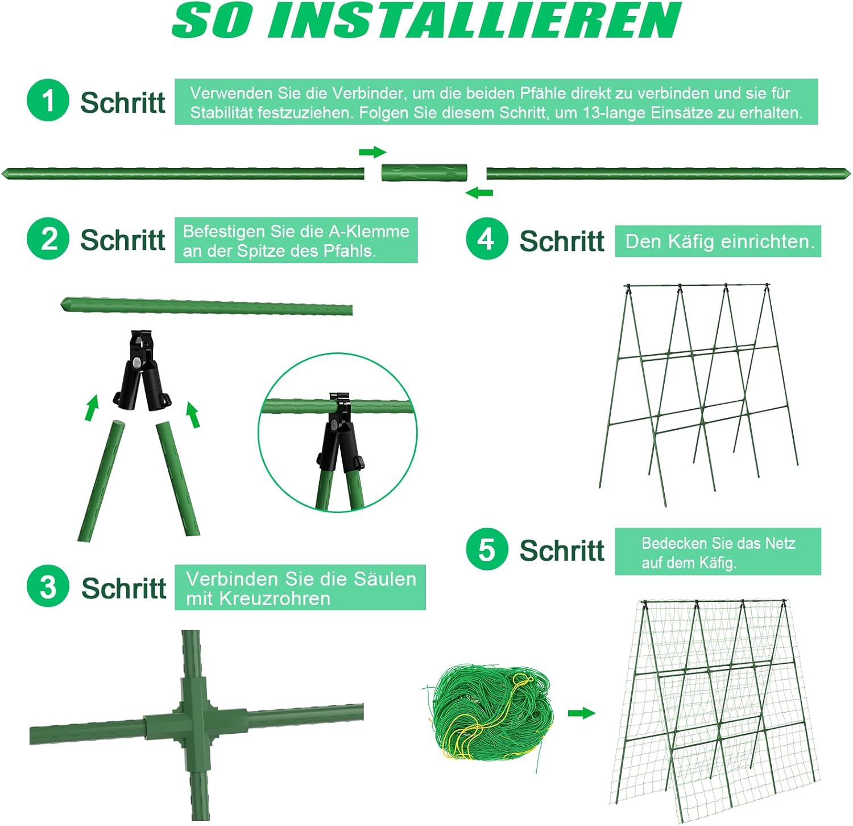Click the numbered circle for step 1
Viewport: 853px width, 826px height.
coord(48,100)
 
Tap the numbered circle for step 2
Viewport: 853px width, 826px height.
coord(48,239)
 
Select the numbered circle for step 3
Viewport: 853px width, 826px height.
coord(48,586)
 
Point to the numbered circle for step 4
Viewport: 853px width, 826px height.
coord(487,239)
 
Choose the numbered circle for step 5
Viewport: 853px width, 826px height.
coord(487,549)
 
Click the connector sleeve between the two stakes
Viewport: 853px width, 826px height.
coord(424,172)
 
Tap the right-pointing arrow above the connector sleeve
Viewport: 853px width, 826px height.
coord(372,152)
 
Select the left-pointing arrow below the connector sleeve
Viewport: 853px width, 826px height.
coord(479,193)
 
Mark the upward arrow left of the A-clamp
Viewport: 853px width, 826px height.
coord(92,408)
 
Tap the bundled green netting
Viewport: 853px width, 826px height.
coord(489,712)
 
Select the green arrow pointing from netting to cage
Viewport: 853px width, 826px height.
coord(581,713)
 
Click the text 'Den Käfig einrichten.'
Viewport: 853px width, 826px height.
coord(719,241)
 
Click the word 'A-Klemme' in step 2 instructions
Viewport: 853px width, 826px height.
coord(369,231)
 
